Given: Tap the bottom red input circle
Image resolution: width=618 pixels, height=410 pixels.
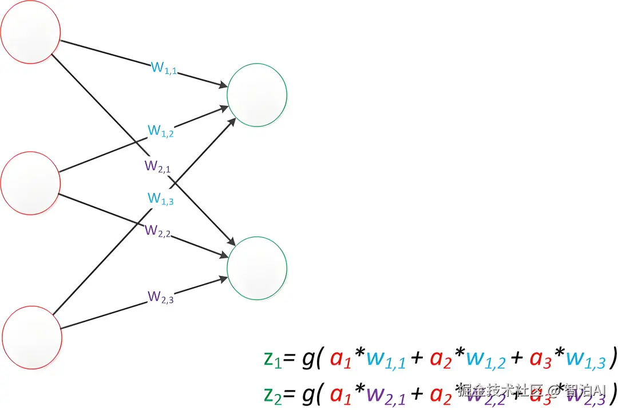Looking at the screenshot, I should click(32, 334).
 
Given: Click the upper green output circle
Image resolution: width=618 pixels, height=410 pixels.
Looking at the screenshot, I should click(257, 95).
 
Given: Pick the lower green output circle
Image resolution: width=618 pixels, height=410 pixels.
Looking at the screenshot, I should click(257, 267).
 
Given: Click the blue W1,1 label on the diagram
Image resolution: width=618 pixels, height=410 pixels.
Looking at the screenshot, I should click(164, 68).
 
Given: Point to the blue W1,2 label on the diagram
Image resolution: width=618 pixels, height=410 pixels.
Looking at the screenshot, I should click(161, 131).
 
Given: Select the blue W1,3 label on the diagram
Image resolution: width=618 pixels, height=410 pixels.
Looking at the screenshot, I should click(161, 199).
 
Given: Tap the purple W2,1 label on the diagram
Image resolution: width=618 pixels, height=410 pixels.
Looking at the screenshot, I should click(157, 167).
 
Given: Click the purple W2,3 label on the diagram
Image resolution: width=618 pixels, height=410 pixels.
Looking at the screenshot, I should click(161, 297).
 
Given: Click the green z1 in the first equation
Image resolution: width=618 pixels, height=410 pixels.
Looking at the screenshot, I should click(272, 359).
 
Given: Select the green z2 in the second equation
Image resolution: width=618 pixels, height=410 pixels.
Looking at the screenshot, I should click(272, 393).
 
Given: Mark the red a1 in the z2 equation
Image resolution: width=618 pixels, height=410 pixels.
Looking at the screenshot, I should click(343, 394).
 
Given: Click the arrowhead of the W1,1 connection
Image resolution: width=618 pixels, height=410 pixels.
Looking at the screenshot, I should click(222, 86).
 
